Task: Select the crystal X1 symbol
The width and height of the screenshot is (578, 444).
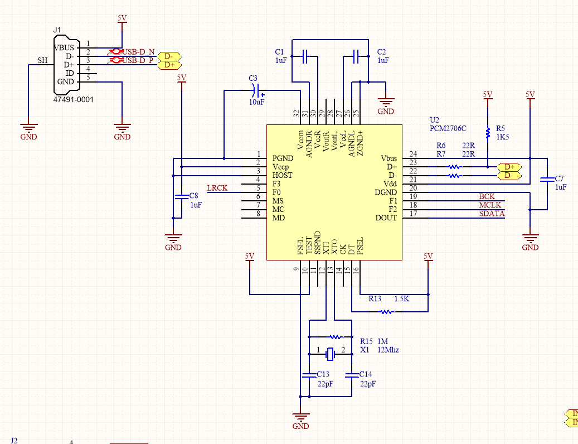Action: point(331,353)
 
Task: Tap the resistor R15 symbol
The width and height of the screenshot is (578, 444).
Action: point(335,337)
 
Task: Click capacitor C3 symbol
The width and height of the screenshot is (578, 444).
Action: point(256,89)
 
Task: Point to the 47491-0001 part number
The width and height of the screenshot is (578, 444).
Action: point(73,99)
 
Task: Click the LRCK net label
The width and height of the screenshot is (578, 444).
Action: point(217,188)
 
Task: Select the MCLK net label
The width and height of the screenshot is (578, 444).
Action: point(490,205)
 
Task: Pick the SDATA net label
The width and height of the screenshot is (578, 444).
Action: point(492,214)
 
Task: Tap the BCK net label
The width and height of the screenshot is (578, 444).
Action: point(487,196)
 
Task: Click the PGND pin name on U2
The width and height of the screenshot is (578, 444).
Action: point(283,158)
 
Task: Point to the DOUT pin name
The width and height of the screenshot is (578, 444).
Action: point(386,218)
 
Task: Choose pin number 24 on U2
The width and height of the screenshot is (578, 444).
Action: point(413,154)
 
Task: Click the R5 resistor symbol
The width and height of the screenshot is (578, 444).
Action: point(488,133)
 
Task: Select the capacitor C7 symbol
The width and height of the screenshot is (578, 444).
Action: point(547,180)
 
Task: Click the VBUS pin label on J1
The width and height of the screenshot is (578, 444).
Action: point(64,47)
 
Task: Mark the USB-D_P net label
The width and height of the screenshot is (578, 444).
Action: point(138,60)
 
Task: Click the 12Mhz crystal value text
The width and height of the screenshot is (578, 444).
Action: point(388,350)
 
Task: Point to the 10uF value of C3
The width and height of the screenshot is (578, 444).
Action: point(256,102)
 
